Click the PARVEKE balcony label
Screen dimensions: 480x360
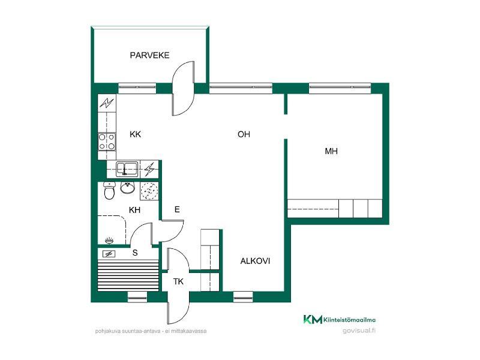point(149,55)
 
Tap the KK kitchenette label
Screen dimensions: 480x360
point(136,134)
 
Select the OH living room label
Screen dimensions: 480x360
point(244,134)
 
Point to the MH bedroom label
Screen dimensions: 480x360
point(331,151)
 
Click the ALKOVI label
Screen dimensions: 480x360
point(255,261)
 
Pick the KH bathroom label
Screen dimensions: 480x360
point(134,210)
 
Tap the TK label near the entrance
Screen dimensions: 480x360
point(178,281)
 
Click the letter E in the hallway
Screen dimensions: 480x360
point(177,209)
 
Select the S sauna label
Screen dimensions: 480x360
point(135,253)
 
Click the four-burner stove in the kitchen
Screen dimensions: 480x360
point(107,142)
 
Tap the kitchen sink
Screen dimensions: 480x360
point(127,169)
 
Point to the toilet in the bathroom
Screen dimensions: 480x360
point(109,191)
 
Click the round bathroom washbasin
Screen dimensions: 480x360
point(127,188)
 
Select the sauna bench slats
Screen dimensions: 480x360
point(128,275)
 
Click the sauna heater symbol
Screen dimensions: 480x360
point(109,254)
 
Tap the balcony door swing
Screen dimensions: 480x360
point(183,88)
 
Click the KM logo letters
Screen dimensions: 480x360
point(313,319)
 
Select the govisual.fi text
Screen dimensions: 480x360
point(359,331)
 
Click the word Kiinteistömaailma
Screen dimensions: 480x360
point(350,320)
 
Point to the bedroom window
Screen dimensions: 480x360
point(340,88)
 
